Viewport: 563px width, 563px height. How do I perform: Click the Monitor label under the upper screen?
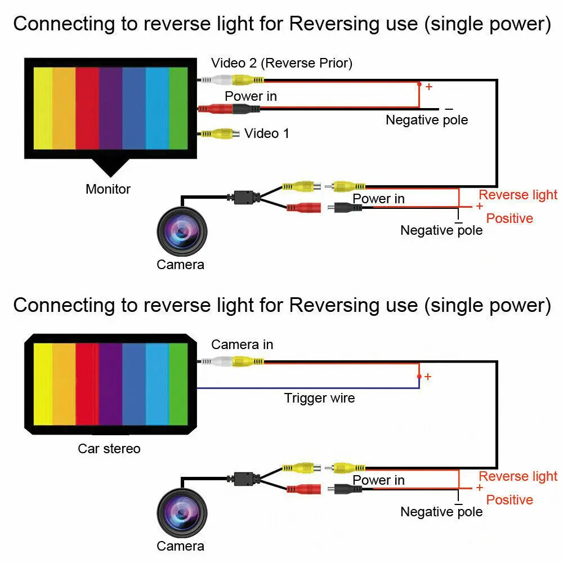point(108,189)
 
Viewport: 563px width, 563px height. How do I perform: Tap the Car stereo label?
point(109,449)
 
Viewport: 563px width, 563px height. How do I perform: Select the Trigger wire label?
point(319,398)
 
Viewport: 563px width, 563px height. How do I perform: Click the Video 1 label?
point(266,133)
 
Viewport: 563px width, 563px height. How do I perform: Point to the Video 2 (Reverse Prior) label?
point(282,63)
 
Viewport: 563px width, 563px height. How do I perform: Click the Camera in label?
point(242,345)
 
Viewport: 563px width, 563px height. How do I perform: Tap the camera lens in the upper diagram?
point(182,231)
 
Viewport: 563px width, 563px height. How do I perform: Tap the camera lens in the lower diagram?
point(182,513)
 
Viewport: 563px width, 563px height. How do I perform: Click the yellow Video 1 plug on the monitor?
point(219,134)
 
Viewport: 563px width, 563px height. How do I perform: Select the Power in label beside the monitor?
point(251,96)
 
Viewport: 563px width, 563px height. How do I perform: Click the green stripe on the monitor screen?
point(178,108)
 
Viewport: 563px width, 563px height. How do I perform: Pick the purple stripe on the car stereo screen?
point(110,384)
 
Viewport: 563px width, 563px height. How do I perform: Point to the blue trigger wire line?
point(308,388)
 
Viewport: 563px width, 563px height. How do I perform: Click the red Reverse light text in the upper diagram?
point(518,195)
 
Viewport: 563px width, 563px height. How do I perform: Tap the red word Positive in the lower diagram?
point(510,500)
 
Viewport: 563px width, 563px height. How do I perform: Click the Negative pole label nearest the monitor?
point(427,120)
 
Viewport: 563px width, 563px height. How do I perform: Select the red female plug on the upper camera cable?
point(304,207)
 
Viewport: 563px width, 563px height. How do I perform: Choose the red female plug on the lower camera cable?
point(304,489)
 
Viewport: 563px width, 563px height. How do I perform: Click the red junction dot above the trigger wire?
point(419,376)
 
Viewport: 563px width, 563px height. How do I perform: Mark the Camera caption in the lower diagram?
point(180,546)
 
